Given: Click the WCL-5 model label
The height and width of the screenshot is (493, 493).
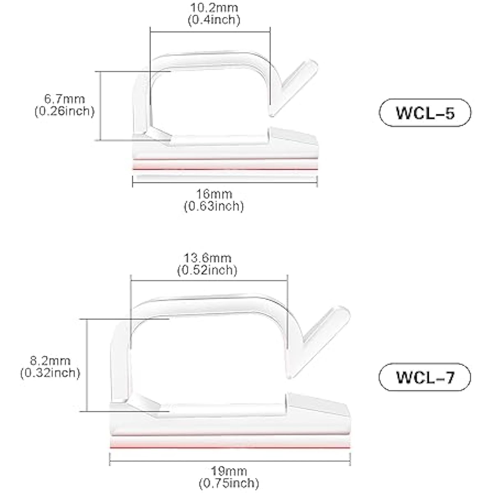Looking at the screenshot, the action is click(425, 113).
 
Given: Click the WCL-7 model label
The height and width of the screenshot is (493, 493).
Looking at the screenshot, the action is click(425, 377).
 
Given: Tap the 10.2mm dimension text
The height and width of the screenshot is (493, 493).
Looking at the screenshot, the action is click(214, 8).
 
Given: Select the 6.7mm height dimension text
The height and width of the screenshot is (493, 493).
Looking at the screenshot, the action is click(65, 99).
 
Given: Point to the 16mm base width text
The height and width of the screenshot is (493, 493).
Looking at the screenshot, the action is click(214, 194).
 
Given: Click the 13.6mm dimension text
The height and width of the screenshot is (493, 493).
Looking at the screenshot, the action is click(207, 258).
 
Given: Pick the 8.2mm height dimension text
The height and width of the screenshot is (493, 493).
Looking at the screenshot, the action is click(50, 361).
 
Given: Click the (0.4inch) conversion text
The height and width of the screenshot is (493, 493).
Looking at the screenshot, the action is click(214, 20).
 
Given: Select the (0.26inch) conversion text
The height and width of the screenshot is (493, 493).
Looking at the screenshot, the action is click(65, 111).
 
